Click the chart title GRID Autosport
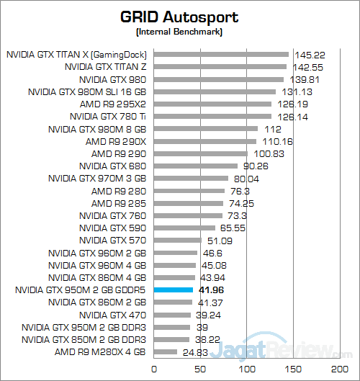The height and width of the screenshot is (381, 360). tap(179, 16)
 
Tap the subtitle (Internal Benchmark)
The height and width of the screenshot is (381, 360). tap(179, 32)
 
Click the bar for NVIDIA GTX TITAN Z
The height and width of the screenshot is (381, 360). tap(220, 66)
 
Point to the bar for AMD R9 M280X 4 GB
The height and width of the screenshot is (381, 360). tap(165, 352)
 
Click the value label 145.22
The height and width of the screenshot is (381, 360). tap(305, 54)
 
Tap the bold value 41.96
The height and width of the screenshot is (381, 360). tap(210, 290)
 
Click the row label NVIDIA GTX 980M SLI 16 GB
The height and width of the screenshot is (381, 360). tap(87, 91)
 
